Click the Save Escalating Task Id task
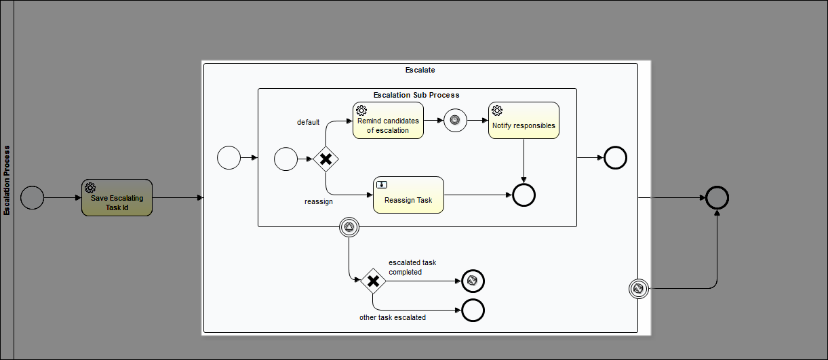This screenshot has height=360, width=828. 117,198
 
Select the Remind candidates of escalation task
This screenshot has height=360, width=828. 388,121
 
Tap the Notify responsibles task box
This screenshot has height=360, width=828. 524,121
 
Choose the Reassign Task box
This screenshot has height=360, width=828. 408,195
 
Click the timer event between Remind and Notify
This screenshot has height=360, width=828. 455,120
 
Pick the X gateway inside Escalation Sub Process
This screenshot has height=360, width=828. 326,159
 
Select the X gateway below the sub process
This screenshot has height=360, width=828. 374,281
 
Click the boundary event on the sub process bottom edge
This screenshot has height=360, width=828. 349,227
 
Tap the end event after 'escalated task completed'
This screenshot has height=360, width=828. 473,281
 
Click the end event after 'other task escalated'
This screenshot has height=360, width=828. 473,310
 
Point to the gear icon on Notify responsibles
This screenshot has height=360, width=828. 497,111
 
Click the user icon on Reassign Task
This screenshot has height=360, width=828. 382,184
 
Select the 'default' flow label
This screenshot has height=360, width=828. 309,122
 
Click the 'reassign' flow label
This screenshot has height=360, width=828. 319,201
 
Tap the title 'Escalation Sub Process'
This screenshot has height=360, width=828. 416,95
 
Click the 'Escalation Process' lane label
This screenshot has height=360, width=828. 7,180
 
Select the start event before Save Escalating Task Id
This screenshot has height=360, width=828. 32,198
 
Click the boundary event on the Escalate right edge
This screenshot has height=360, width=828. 639,289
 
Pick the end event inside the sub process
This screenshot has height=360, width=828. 524,195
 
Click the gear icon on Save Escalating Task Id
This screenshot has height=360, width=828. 90,188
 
